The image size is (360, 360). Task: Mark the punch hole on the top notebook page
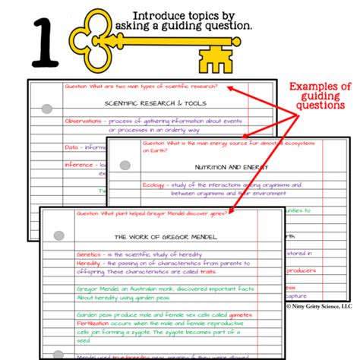46,109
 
